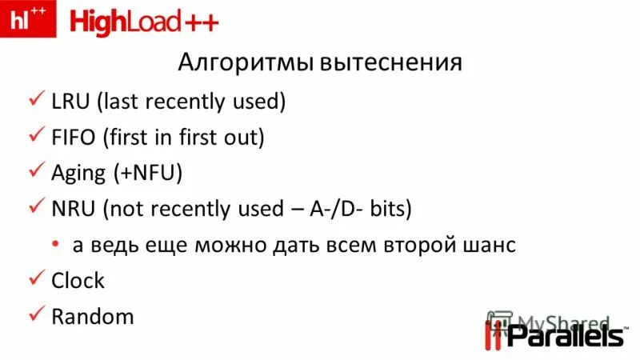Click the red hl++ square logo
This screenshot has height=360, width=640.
(x=28, y=19)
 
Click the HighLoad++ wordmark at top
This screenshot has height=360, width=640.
(x=144, y=22)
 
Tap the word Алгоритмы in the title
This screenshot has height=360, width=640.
(x=244, y=62)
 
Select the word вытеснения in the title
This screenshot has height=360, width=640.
(x=391, y=62)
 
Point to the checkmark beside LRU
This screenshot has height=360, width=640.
(x=36, y=101)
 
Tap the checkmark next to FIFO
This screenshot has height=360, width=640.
(x=36, y=137)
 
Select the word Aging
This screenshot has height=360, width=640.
(x=78, y=174)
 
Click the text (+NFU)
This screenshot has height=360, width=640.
(x=148, y=174)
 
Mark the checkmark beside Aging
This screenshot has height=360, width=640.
(x=36, y=173)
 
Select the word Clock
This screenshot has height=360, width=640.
(x=78, y=281)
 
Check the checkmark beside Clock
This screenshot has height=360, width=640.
(x=36, y=280)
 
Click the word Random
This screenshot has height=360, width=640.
(x=92, y=317)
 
